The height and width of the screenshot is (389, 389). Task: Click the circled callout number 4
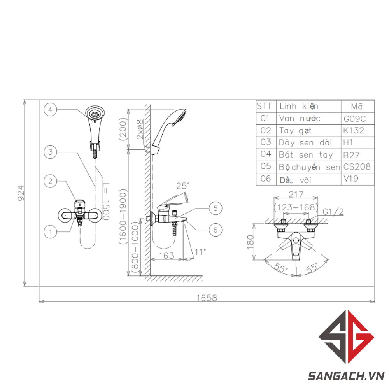[x=50, y=109]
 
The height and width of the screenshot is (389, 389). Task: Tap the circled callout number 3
[x=50, y=152]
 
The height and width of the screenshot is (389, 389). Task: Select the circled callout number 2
[x=50, y=181]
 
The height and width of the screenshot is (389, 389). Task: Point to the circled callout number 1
[x=50, y=232]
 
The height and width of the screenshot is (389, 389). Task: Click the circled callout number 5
[x=216, y=208]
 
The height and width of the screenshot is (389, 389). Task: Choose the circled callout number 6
[x=216, y=230]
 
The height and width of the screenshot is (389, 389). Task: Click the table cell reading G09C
[x=355, y=119]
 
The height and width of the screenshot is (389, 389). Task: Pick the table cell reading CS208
[x=357, y=167]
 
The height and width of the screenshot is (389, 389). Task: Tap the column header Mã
[x=357, y=107]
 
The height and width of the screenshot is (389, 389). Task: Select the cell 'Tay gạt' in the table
[x=295, y=131]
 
